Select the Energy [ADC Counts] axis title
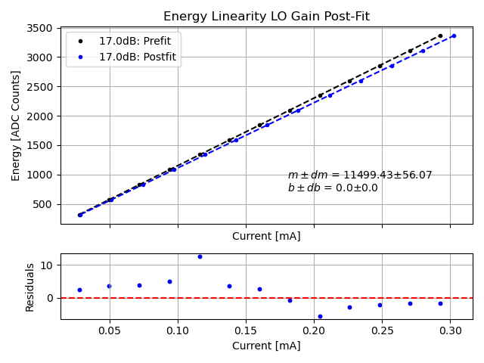click(16, 126)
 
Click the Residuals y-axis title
click(30, 287)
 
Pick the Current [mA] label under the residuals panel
click(266, 346)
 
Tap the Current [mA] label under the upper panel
click(266, 236)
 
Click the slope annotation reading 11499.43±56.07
click(360, 175)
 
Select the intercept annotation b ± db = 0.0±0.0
click(333, 188)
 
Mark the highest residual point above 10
click(200, 256)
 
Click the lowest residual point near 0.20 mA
click(320, 316)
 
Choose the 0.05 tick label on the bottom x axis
click(110, 330)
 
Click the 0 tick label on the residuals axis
click(51, 298)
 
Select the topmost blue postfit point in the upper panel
click(454, 36)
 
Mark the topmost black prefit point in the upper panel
click(440, 36)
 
